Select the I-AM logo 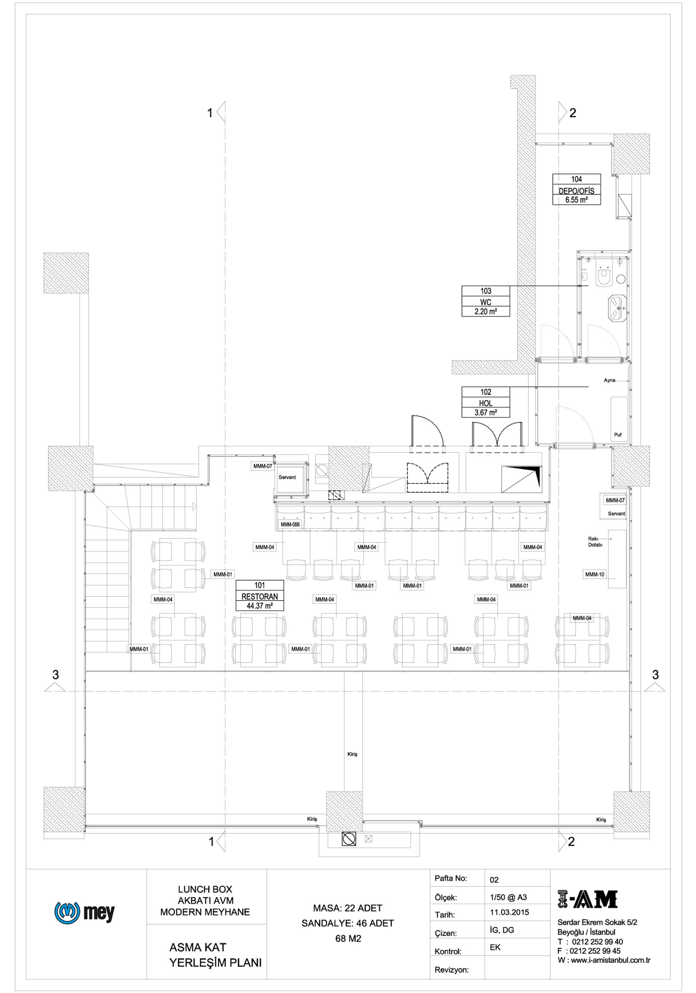[587, 900]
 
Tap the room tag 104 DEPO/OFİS [577, 189]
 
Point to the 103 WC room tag [486, 301]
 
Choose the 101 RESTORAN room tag [260, 596]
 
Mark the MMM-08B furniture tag [290, 525]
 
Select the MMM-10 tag [594, 574]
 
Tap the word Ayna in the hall [610, 380]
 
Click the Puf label [618, 435]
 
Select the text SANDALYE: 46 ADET [348, 923]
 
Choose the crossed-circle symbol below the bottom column [349, 840]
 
